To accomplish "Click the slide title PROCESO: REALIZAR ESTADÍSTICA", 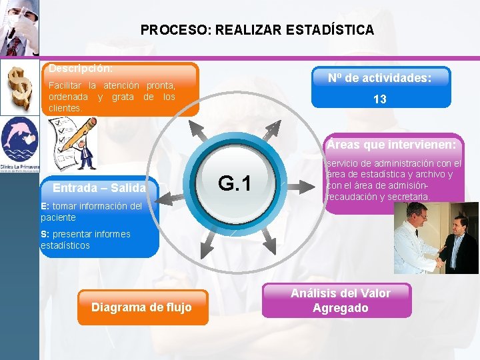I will coord(257,30).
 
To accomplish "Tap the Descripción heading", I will coord(80,69).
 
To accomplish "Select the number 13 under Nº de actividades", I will coord(379,99).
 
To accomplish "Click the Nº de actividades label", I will coord(379,78).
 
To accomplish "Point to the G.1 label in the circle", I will coord(235,183).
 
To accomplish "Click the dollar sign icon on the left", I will coord(19,87).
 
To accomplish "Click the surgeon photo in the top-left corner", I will coord(19,28).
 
